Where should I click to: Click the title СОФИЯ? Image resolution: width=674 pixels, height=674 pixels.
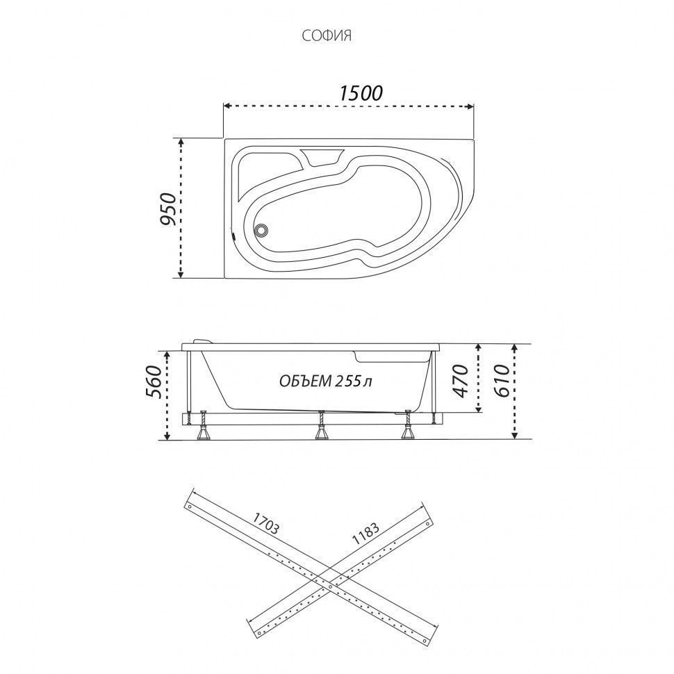(327, 36)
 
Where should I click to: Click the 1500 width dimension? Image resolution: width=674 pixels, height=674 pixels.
(361, 92)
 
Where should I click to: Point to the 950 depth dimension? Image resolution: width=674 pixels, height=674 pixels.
(167, 209)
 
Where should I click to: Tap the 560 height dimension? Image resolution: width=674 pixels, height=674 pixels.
(154, 382)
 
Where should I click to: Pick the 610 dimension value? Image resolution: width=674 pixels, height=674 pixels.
(502, 381)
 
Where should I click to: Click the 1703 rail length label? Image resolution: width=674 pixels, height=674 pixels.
(265, 523)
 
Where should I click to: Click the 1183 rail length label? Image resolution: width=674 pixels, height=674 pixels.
(365, 534)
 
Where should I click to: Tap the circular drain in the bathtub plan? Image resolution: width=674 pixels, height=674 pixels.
(261, 231)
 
